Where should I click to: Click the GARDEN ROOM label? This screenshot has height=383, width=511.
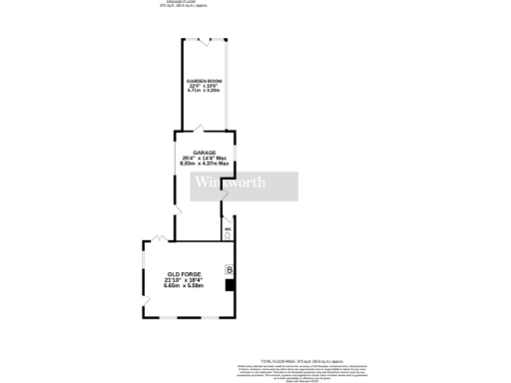coord(204,80)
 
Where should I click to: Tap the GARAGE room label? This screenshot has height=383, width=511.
coord(204,153)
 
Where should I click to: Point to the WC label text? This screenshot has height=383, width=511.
coord(228,228)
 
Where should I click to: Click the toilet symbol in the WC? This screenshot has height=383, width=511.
coord(228,235)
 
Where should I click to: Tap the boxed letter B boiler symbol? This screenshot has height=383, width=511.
coord(230,270)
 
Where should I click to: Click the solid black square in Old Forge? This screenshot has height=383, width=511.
coord(231,285)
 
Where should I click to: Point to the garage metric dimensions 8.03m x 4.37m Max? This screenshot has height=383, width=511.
coord(204,164)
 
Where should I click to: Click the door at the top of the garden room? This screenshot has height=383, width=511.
coord(204,42)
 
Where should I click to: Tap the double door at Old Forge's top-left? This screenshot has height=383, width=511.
coord(159,239)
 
